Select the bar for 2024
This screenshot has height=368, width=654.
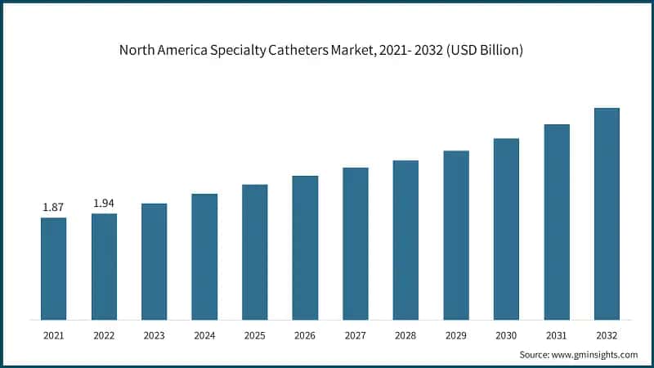point(204,257)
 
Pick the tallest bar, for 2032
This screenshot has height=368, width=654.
point(607,213)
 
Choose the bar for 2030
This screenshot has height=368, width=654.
point(506,229)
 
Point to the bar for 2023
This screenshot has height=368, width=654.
point(155,262)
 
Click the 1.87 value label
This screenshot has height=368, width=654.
point(54,208)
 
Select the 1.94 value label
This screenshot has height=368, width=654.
point(104,204)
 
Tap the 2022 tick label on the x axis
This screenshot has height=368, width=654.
point(104,335)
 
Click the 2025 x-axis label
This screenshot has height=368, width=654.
point(255,335)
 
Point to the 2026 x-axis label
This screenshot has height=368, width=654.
point(305,335)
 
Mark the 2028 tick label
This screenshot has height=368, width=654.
point(405,335)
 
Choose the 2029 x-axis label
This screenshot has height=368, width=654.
point(456,335)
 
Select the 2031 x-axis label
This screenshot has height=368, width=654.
point(557,335)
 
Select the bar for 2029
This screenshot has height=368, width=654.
point(456,235)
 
